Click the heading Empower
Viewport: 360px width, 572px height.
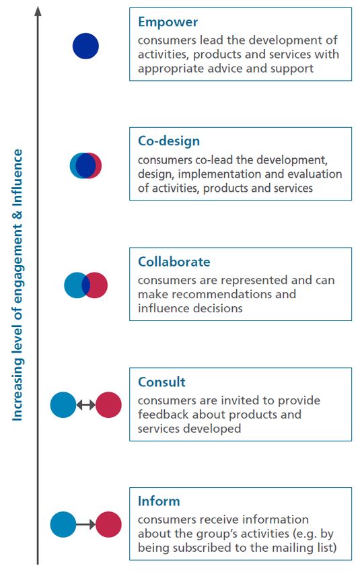tap(168, 23)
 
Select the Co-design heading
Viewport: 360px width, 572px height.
tap(169, 141)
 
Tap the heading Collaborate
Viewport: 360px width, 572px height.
tap(174, 262)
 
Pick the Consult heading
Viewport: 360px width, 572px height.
tap(161, 382)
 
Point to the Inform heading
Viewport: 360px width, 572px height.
tap(159, 501)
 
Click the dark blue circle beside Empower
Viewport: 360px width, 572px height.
tap(85, 46)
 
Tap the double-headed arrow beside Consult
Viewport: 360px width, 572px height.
tap(85, 404)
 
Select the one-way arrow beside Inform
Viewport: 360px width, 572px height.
tap(85, 525)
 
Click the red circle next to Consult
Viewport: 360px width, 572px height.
tap(108, 404)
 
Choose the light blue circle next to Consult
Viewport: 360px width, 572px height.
tap(63, 404)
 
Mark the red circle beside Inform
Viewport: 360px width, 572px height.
tap(108, 525)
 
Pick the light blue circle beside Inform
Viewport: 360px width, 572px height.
tap(63, 525)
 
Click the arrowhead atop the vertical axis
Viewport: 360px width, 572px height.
tap(38, 11)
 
